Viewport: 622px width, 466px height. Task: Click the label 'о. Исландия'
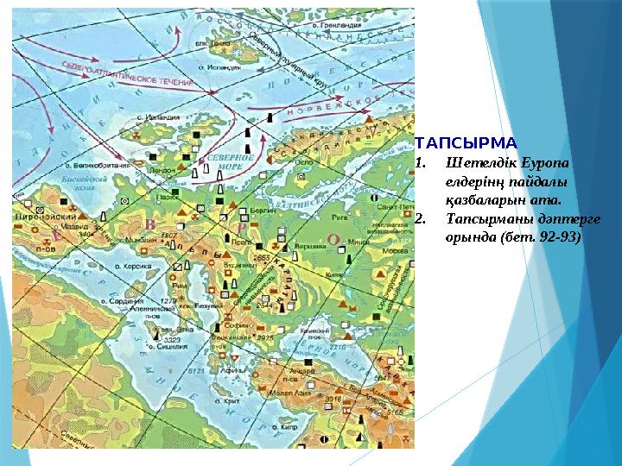tap(156, 116)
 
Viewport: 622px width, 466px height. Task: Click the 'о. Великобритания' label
tap(97, 164)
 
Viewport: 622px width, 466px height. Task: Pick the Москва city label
tap(395, 250)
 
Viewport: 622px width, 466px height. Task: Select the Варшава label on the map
tap(307, 244)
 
